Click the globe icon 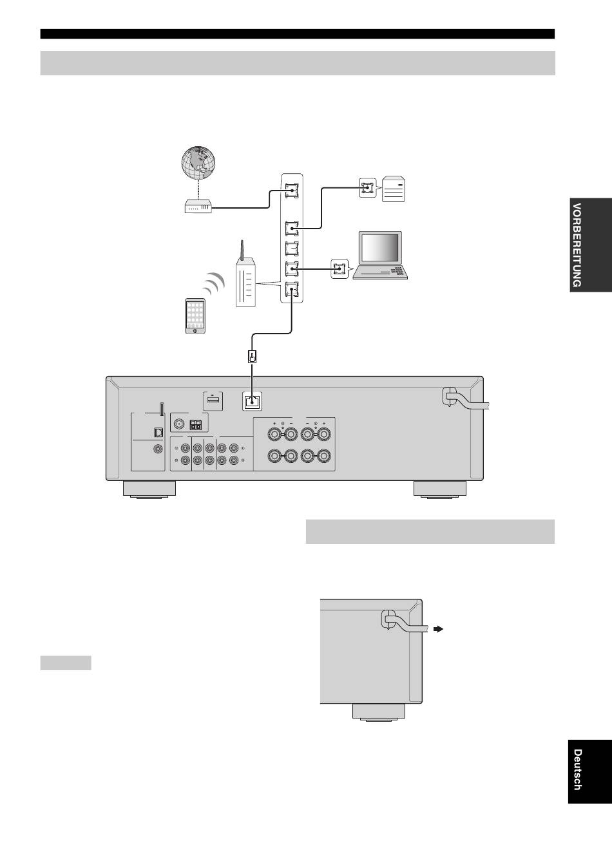point(198,163)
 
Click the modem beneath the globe point(198,206)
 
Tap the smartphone point(195,316)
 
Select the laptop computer point(381,256)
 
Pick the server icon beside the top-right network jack point(394,189)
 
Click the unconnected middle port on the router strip point(292,249)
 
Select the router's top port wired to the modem point(292,190)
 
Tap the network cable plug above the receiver point(252,357)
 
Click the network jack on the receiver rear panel point(253,402)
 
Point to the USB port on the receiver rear point(213,400)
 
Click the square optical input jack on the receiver point(158,433)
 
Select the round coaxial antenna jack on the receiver point(178,424)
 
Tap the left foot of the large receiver point(149,489)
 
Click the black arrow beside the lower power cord point(438,629)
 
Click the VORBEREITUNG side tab point(591,245)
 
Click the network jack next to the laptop point(339,269)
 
